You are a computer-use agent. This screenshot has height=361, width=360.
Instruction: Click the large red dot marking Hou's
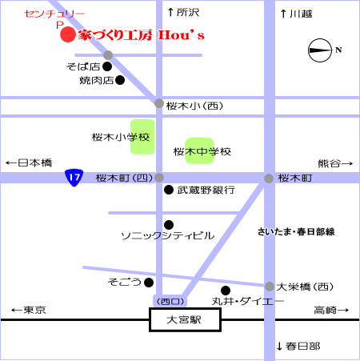click(68, 34)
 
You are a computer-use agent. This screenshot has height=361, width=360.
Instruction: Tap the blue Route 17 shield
click(74, 178)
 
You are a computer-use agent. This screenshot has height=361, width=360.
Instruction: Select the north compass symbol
click(320, 50)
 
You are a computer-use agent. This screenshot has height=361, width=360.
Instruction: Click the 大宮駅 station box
click(185, 319)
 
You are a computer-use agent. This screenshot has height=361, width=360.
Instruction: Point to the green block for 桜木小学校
click(142, 137)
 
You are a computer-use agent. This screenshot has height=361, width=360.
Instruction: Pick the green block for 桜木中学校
click(200, 150)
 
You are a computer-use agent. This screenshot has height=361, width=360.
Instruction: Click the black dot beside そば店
click(107, 66)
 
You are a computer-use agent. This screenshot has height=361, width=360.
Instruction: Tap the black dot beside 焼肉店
click(120, 80)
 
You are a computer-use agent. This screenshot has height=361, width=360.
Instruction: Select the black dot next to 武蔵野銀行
click(169, 190)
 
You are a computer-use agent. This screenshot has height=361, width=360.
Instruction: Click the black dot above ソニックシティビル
click(169, 225)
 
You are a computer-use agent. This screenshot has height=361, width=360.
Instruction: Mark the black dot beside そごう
click(149, 283)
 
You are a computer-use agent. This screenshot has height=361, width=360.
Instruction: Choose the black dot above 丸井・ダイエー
click(226, 291)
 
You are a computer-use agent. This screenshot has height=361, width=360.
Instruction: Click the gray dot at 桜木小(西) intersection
click(159, 103)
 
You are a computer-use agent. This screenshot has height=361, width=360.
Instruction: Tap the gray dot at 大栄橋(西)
click(270, 287)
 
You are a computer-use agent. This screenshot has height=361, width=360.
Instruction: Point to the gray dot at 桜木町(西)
click(159, 178)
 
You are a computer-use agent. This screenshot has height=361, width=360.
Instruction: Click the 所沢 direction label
click(184, 12)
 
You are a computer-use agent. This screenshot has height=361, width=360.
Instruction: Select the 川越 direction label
click(297, 14)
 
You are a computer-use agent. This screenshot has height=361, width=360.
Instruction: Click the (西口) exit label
click(170, 302)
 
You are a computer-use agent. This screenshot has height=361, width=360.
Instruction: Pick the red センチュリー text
click(54, 14)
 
